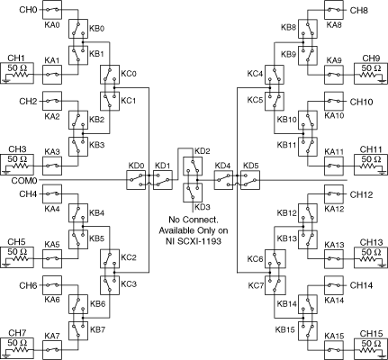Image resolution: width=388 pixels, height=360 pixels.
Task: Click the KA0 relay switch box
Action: tap(52, 10)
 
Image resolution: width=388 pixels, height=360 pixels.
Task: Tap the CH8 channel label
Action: tap(359, 11)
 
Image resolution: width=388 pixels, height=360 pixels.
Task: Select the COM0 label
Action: tap(24, 181)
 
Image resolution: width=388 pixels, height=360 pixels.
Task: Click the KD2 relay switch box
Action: tap(193, 166)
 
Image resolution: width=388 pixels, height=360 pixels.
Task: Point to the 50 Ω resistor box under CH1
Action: tap(17, 73)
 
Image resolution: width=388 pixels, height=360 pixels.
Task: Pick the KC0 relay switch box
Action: tap(110, 75)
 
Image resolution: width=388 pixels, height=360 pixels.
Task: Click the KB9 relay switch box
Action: tap(308, 55)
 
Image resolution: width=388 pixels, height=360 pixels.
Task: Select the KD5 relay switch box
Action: tap(250, 180)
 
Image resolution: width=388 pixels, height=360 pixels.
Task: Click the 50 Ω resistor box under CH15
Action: tap(371, 348)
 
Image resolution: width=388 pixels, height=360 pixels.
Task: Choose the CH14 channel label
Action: tap(361, 285)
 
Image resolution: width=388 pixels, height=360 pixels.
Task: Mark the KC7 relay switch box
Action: tap(275, 285)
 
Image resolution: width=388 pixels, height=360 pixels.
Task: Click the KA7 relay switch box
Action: tap(52, 350)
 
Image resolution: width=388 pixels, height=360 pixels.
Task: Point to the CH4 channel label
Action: tap(28, 194)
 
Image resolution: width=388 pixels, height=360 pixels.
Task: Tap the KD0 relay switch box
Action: tap(136, 180)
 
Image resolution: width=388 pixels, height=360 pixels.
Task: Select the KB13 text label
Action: tap(287, 238)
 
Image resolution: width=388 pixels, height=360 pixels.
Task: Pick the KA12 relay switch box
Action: tap(334, 194)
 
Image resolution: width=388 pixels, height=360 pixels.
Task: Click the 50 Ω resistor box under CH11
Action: tap(371, 165)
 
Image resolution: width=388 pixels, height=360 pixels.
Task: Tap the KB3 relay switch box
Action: tap(78, 147)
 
